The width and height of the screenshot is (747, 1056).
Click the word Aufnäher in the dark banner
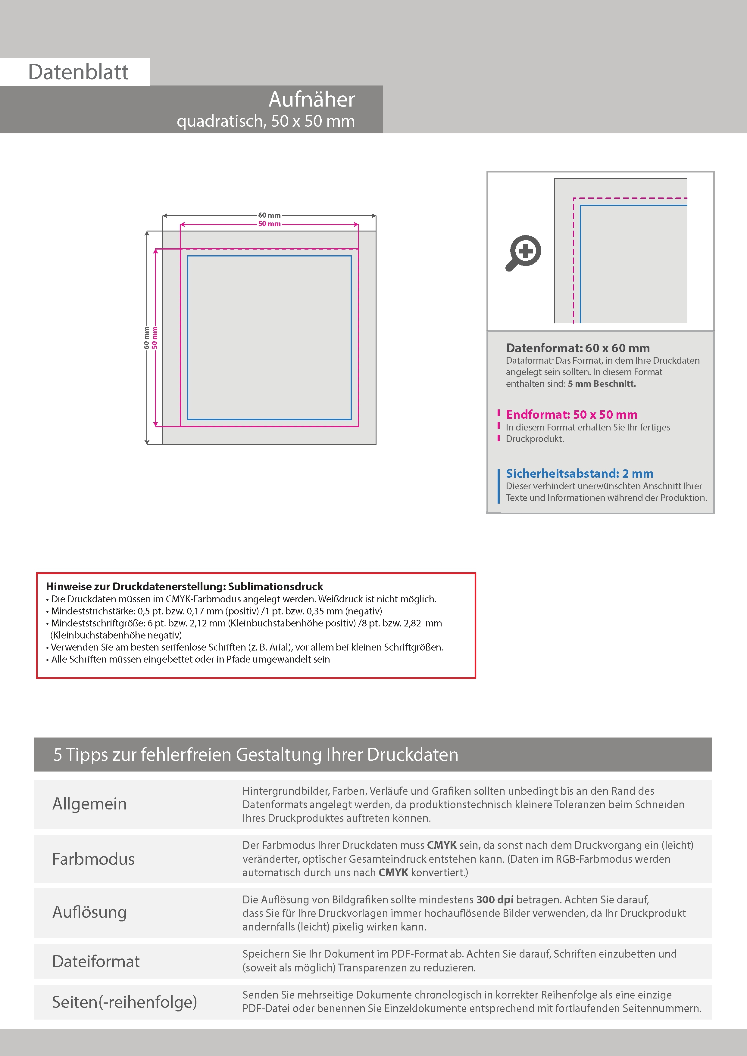click(311, 99)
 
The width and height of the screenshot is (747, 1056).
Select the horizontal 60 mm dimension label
click(269, 215)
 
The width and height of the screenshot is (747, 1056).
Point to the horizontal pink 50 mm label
click(269, 224)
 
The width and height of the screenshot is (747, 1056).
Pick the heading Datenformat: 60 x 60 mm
click(578, 348)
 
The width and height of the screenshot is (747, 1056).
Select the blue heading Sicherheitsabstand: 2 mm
click(580, 473)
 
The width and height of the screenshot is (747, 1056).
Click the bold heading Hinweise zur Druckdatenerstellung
click(184, 586)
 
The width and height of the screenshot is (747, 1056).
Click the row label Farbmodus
click(93, 859)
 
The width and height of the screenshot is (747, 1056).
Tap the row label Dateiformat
click(96, 961)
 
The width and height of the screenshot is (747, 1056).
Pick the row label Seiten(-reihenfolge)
click(124, 1002)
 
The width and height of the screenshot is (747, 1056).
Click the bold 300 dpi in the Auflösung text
click(495, 900)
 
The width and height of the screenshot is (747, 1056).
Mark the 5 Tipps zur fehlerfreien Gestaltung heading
click(256, 755)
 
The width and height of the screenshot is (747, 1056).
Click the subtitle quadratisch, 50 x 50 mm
click(266, 121)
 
